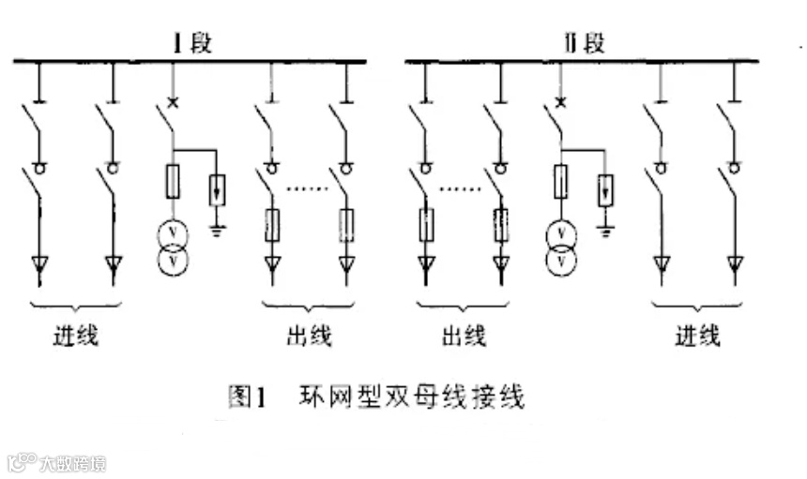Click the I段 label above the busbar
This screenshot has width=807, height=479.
pos(191,43)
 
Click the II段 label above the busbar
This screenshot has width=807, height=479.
pos(583,43)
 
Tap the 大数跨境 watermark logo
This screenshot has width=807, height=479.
pos(56,463)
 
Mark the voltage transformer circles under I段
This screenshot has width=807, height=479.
pos(173,248)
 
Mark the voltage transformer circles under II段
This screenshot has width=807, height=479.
pos(562,248)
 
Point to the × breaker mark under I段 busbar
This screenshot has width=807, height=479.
pos(172,101)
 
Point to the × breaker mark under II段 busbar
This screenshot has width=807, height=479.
pos(561,101)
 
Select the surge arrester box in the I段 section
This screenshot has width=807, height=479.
pos(218,190)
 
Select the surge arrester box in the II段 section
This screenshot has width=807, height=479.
pos(608,190)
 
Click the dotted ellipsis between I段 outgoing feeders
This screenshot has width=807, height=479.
pos(306,188)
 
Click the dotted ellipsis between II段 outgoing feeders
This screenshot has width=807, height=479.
pos(461,188)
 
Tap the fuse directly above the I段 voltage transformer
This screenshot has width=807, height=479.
pos(173,181)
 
